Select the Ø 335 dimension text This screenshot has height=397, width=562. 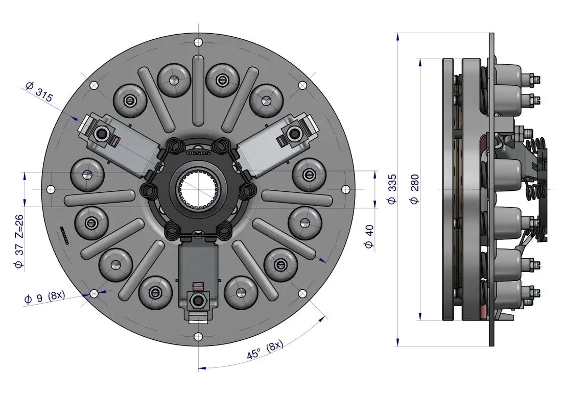pos(392,189)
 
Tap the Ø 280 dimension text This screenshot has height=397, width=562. pos(414,189)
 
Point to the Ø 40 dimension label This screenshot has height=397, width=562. pos(369,236)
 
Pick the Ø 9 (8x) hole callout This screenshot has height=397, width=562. pos(44,297)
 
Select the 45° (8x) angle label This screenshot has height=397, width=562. pos(265,350)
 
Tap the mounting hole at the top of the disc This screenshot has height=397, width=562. pos(198,42)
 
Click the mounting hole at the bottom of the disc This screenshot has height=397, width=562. pos(198,336)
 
